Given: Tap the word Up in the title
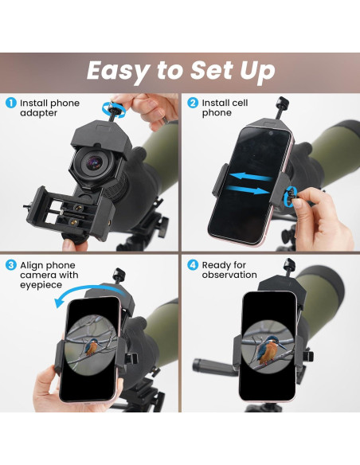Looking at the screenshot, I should [253, 71].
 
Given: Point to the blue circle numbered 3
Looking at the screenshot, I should [10, 264].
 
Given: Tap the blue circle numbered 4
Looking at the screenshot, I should [192, 264].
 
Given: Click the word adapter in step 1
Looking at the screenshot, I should [39, 113].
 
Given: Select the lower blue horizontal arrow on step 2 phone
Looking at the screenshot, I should [253, 192].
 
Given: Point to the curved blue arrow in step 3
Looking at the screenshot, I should [75, 297].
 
